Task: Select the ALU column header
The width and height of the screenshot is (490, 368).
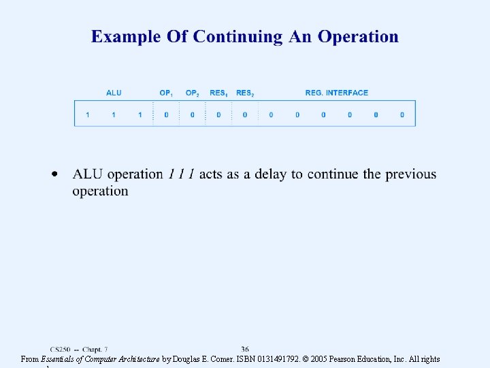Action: (114, 93)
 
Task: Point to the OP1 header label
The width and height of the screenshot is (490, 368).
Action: (167, 93)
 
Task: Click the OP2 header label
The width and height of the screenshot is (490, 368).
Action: (193, 93)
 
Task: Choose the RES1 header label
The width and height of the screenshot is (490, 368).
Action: (218, 93)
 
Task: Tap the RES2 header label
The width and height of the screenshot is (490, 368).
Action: (245, 93)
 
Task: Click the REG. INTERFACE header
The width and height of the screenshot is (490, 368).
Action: (336, 93)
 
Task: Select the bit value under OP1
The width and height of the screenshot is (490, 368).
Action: (166, 114)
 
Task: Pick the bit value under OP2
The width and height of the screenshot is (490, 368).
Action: (193, 114)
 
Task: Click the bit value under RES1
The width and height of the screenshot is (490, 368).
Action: (218, 114)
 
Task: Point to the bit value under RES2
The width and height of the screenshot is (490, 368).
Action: (245, 114)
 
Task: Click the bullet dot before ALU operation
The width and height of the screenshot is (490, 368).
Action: (54, 174)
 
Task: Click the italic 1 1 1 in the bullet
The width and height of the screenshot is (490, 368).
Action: (182, 174)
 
